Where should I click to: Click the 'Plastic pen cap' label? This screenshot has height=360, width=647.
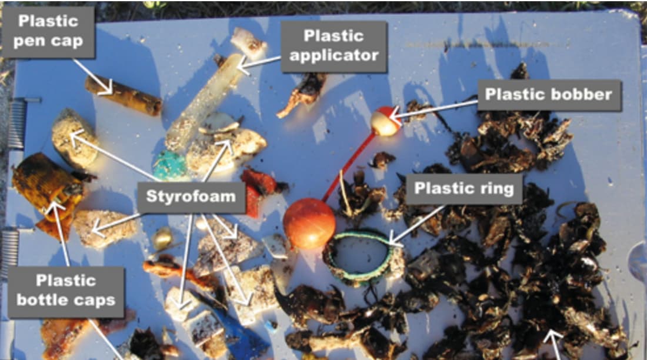(x=49, y=31)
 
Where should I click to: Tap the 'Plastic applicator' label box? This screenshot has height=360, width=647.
(x=334, y=46)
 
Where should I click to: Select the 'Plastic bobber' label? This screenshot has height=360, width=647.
(x=549, y=95)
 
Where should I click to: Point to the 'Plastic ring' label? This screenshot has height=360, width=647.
(x=464, y=189)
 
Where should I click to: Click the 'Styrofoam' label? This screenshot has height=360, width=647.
(x=191, y=196)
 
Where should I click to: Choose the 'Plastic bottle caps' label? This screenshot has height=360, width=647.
(x=66, y=291)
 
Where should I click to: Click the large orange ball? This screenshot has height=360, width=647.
(x=309, y=223)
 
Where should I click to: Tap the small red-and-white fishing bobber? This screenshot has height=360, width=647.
(x=385, y=121)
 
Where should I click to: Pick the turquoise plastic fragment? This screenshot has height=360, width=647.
(x=170, y=166)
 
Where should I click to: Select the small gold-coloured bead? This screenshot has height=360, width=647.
(x=162, y=239)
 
